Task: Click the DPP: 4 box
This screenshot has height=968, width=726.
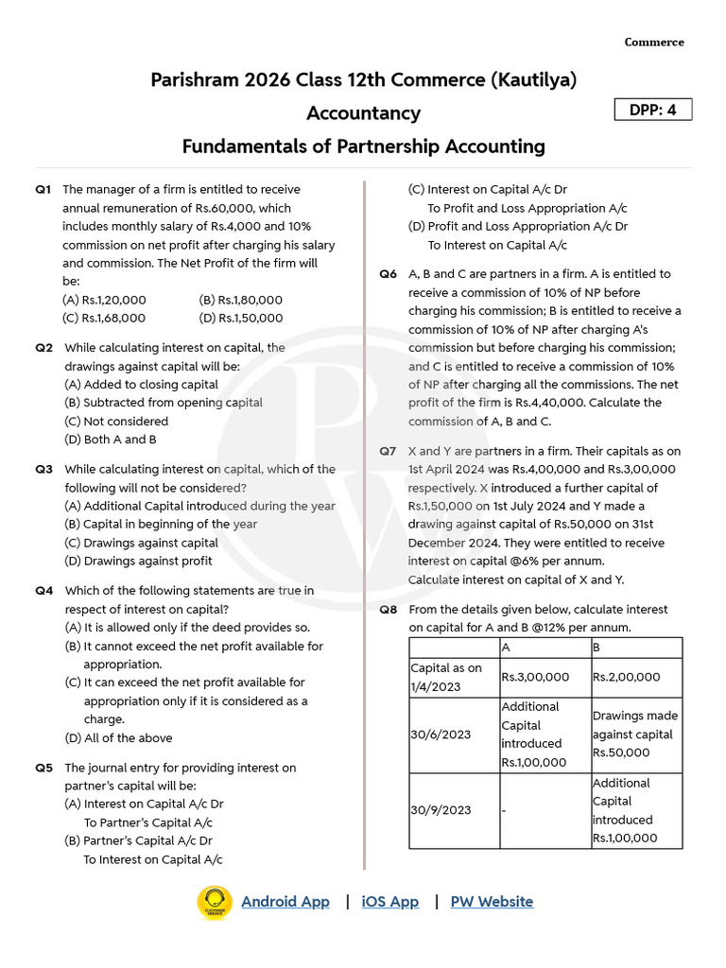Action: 653,110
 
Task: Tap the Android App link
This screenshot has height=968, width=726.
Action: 285,902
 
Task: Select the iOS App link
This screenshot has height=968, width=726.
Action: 389,902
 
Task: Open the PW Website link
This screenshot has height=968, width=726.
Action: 492,902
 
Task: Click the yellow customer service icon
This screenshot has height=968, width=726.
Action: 215,902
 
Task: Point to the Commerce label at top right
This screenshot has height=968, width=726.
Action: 654,43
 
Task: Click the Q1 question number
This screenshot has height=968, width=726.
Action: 43,190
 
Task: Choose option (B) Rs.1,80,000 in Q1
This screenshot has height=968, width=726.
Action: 241,300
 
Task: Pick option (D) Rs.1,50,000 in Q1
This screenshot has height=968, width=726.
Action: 241,319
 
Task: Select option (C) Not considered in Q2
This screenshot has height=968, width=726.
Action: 116,422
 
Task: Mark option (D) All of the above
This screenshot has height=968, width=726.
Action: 118,738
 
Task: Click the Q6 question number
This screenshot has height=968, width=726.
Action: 388,274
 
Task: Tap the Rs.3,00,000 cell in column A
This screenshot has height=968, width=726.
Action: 535,678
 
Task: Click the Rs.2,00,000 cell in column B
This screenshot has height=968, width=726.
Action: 627,678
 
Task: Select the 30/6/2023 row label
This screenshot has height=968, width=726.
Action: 440,735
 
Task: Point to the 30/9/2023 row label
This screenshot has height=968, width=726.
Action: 440,810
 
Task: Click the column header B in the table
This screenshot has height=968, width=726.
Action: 596,648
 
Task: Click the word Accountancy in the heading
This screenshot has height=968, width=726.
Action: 363,113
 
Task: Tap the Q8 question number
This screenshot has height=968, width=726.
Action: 388,610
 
